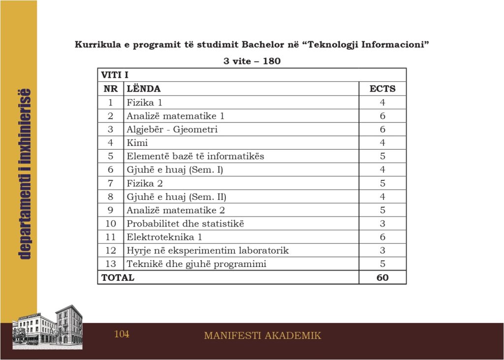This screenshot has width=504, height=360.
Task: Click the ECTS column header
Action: pos(382,89)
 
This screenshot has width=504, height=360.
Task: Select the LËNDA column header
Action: pos(144,89)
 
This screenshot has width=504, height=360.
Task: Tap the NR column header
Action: pos(110,89)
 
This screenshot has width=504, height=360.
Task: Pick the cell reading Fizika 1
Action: pos(144,102)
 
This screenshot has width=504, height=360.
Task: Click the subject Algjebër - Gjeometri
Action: pos(172,130)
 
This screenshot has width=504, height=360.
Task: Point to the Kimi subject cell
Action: pos(137,143)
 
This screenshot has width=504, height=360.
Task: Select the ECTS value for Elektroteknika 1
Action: pos(382,237)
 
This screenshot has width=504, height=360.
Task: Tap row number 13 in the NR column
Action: pos(110,264)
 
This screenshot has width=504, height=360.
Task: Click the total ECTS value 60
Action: pos(382,278)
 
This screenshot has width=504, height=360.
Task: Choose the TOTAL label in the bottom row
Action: pos(118,278)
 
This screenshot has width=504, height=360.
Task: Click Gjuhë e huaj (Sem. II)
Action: pos(176,197)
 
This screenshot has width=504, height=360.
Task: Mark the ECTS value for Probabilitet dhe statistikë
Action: pos(382,224)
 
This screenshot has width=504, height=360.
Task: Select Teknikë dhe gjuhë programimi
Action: pos(196,264)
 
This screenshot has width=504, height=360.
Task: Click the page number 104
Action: pos(122,334)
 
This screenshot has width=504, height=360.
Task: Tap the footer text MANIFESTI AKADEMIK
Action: pos(262,336)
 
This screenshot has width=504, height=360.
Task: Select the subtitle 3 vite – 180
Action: pos(252,61)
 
